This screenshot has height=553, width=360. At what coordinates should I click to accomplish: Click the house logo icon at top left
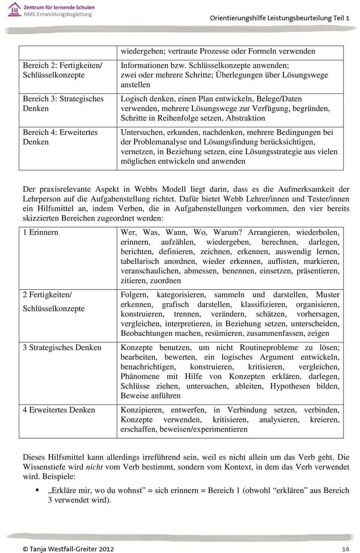click(x=14, y=9)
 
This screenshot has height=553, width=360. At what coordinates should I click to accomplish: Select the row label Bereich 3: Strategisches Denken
click(x=63, y=104)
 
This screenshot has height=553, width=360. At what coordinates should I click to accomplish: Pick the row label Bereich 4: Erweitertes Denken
click(x=60, y=137)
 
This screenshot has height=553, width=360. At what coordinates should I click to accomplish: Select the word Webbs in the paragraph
click(x=146, y=189)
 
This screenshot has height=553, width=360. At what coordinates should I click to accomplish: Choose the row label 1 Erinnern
click(x=40, y=232)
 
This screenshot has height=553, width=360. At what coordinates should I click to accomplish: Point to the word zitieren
click(x=133, y=281)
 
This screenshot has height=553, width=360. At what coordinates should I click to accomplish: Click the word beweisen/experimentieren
click(x=203, y=429)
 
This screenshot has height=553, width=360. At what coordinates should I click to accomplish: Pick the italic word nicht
click(x=94, y=467)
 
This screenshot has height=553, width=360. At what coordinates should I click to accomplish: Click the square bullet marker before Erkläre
click(x=37, y=490)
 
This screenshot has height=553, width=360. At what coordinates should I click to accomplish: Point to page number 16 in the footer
click(x=345, y=549)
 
